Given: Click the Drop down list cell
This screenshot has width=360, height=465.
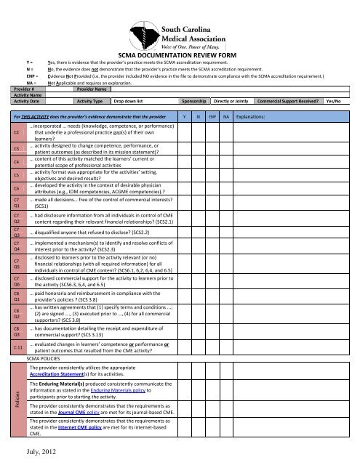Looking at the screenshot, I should coord(132,102).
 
